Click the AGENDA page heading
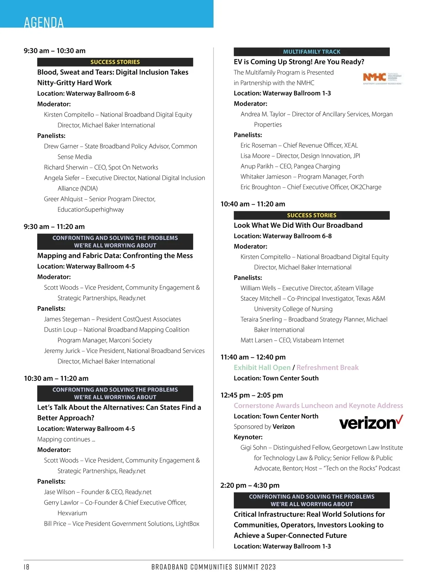[x=44, y=22]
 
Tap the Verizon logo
[x=371, y=422]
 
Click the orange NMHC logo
[x=374, y=77]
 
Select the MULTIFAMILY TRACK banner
[x=311, y=52]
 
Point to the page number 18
[x=27, y=567]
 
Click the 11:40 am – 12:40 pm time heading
[x=253, y=357]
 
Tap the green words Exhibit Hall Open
[x=262, y=368]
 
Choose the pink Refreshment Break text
[x=327, y=368]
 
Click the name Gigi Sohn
[x=253, y=447]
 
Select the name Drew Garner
[x=61, y=146]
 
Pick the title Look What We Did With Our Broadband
[x=298, y=225]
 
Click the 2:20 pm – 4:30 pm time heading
[x=250, y=485]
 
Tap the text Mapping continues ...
[x=66, y=439]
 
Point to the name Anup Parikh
[x=257, y=166]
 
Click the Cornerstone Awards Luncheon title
[x=318, y=406]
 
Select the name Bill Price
[x=55, y=524]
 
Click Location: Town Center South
[x=276, y=378]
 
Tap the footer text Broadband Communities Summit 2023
[x=213, y=567]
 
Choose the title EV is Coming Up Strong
[x=299, y=62]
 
